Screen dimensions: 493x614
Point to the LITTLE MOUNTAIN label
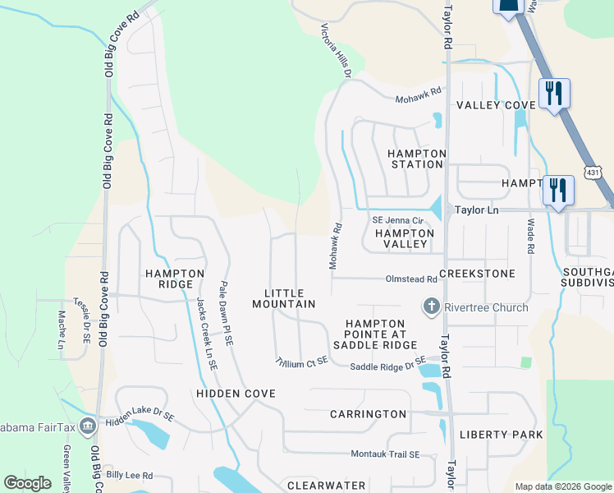pos(284,298)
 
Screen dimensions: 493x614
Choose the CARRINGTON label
pos(368,414)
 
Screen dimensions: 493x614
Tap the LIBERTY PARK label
pos(501,434)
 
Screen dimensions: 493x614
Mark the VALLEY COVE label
pos(496,105)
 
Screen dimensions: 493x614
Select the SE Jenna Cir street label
pos(397,220)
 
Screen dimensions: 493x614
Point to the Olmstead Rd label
pos(410,279)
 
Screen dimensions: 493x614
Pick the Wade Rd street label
pos(531,236)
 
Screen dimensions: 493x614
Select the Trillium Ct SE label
pos(301,362)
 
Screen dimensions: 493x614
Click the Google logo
pos(27,483)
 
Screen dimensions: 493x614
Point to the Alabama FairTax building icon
pos(88,425)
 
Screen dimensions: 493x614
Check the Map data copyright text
pos(562,486)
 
